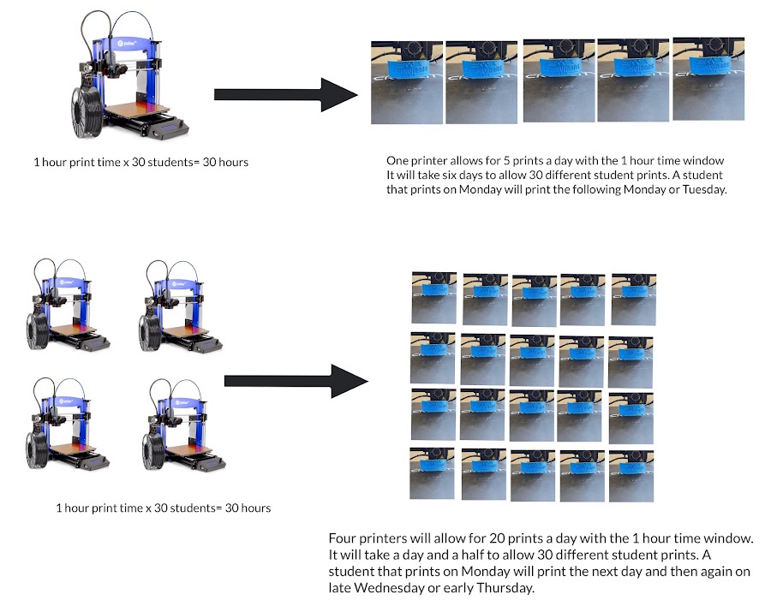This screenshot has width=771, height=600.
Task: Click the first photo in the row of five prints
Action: (405, 83)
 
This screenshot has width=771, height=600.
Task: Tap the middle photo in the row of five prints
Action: (557, 81)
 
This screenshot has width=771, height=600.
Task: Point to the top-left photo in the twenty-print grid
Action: (433, 296)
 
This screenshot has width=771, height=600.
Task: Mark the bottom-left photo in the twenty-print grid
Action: (432, 473)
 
